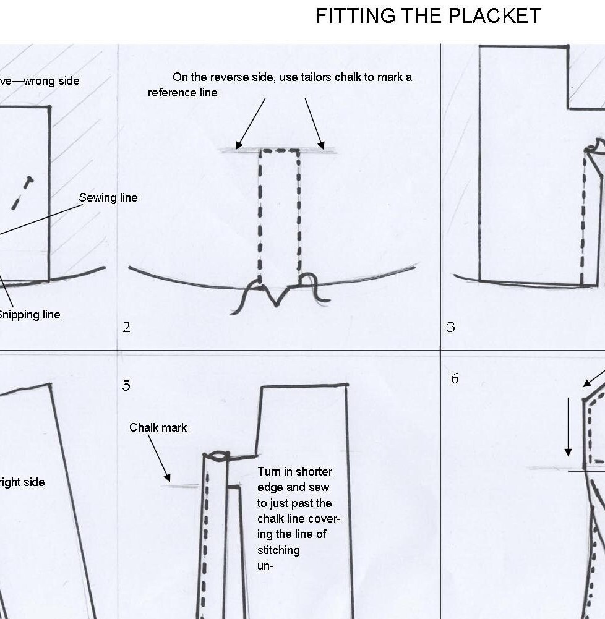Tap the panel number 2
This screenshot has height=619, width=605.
click(x=126, y=328)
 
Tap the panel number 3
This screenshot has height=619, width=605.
click(x=451, y=328)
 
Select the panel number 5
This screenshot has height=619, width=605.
click(x=126, y=386)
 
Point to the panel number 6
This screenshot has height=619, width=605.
click(x=455, y=378)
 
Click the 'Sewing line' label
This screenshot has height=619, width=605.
click(x=108, y=198)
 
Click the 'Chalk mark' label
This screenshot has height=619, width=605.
click(x=158, y=428)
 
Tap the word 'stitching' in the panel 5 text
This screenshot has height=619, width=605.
click(x=278, y=550)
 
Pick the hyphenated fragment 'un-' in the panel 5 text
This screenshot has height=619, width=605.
click(x=265, y=564)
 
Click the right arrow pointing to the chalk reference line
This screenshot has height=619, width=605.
click(x=314, y=122)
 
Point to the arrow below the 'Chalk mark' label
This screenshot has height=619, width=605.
click(x=158, y=458)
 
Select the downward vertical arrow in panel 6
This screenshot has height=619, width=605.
click(x=569, y=427)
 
